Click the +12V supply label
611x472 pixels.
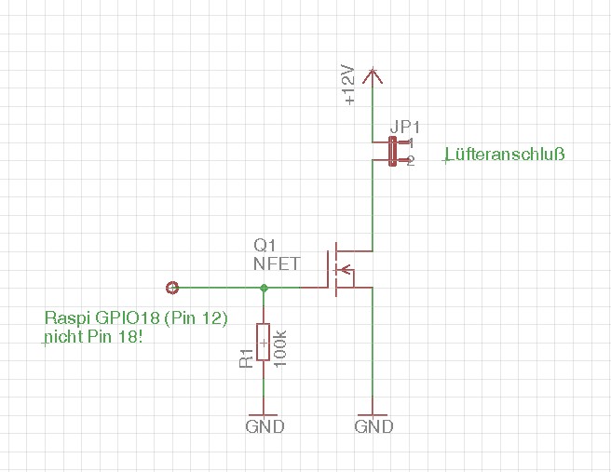pyautogui.click(x=348, y=86)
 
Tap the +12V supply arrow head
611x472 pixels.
pyautogui.click(x=373, y=75)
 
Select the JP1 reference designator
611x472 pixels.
pyautogui.click(x=405, y=127)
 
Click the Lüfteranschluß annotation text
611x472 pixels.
pyautogui.click(x=505, y=155)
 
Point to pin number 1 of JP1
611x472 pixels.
pyautogui.click(x=411, y=143)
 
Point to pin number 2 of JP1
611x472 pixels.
pyautogui.click(x=411, y=161)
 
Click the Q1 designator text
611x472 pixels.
pyautogui.click(x=265, y=246)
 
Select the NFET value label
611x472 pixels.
pyautogui.click(x=277, y=263)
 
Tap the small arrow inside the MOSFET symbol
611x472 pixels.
pyautogui.click(x=346, y=269)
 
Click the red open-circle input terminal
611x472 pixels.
pyautogui.click(x=171, y=288)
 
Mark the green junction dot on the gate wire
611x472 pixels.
pyautogui.click(x=264, y=288)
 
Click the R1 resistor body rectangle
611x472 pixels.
pyautogui.click(x=264, y=342)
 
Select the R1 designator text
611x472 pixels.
pyautogui.click(x=246, y=358)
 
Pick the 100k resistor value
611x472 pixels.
pyautogui.click(x=280, y=348)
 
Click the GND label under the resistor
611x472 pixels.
pyautogui.click(x=265, y=426)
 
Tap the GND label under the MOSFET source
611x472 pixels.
pyautogui.click(x=373, y=426)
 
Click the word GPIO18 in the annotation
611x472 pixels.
pyautogui.click(x=128, y=317)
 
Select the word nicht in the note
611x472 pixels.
pyautogui.click(x=64, y=336)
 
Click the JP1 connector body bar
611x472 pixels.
pyautogui.click(x=393, y=152)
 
